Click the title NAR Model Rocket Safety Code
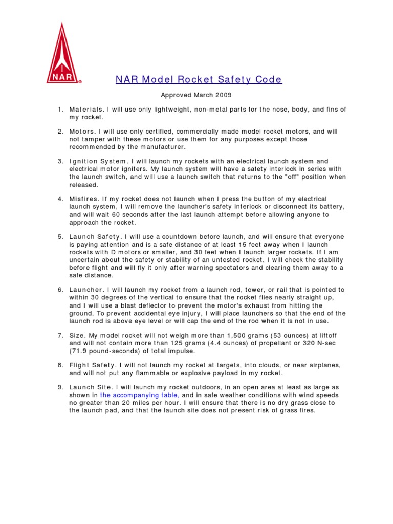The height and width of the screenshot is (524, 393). (x=199, y=79)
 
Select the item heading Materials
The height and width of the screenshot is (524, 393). (x=86, y=110)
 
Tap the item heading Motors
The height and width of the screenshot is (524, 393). (x=81, y=132)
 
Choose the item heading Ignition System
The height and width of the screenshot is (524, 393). (x=97, y=161)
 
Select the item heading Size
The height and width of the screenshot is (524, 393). (x=77, y=335)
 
